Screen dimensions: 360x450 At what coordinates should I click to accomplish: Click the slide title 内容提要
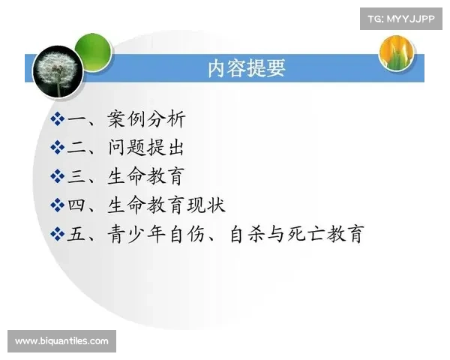[246, 69]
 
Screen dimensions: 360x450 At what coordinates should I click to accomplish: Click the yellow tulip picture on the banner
[397, 52]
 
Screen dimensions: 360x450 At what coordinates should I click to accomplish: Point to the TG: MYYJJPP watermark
[401, 18]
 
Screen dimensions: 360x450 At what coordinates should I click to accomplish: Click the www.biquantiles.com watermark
[62, 341]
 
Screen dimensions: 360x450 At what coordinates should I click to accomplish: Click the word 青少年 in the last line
[136, 234]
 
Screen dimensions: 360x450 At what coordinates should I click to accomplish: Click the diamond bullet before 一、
[58, 119]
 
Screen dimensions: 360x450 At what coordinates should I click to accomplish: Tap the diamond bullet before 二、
[58, 148]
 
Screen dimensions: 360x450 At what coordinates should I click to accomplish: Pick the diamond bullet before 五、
[58, 234]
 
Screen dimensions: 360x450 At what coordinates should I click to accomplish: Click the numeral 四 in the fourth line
[76, 205]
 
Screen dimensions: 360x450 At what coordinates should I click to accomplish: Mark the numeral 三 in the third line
[76, 176]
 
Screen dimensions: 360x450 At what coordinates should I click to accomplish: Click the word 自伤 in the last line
[184, 234]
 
